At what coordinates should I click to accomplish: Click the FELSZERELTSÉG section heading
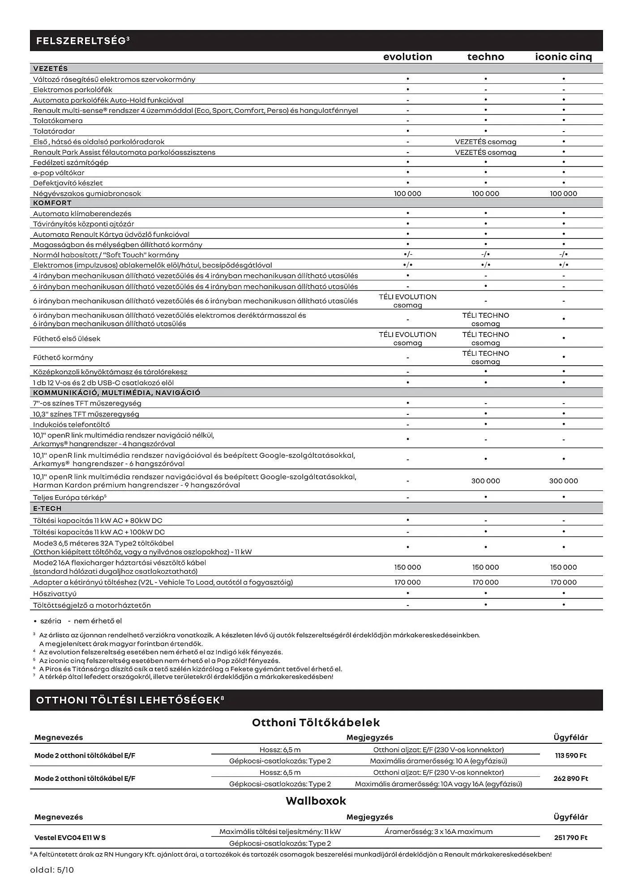(83, 41)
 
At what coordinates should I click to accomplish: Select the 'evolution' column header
(407, 57)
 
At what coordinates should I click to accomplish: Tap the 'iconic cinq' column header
(563, 57)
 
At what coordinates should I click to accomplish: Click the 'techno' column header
(485, 57)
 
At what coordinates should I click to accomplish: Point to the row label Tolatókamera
(58, 121)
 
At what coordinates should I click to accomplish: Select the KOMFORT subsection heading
(52, 203)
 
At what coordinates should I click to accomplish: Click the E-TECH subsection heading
(47, 508)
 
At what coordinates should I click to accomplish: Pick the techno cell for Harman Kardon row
(485, 481)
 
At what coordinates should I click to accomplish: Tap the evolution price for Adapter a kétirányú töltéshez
(407, 582)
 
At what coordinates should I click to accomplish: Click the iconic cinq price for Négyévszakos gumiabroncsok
(563, 194)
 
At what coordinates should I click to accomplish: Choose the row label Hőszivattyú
(55, 594)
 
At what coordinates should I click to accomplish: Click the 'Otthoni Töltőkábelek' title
(316, 722)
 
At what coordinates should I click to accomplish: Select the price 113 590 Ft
(570, 755)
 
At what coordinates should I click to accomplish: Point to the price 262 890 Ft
(570, 778)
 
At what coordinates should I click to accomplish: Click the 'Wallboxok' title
(316, 801)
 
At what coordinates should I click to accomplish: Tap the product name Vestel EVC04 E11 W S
(70, 837)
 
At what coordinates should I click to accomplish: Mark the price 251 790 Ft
(570, 837)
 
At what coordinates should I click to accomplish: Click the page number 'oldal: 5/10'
(52, 870)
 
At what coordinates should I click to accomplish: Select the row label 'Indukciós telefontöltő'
(71, 425)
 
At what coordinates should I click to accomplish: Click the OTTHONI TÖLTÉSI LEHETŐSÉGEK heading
(130, 700)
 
